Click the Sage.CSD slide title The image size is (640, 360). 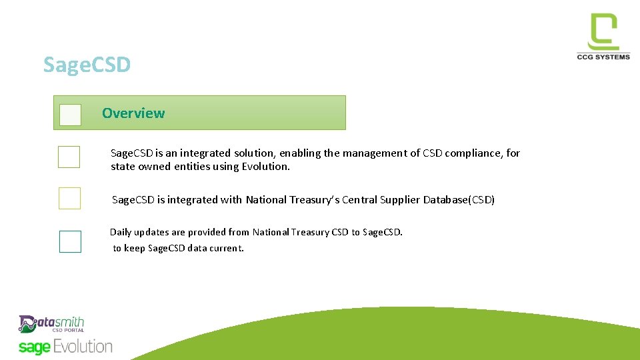(x=87, y=65)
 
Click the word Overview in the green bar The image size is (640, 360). (x=133, y=113)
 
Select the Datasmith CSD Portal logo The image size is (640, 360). (x=51, y=324)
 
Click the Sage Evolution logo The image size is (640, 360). (x=65, y=347)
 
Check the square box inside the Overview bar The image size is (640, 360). (x=70, y=115)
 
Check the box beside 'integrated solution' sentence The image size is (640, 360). (x=69, y=157)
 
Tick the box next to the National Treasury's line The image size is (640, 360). (x=69, y=198)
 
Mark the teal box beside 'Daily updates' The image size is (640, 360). (x=70, y=241)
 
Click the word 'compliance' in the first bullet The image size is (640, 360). (x=478, y=153)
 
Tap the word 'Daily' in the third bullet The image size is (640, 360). (x=121, y=233)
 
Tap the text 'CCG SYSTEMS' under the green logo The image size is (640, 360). (x=603, y=57)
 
